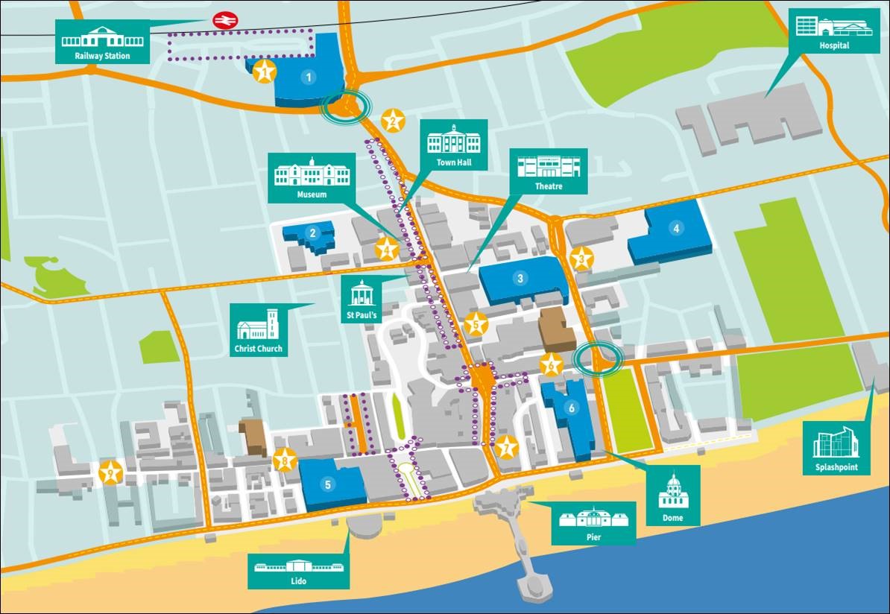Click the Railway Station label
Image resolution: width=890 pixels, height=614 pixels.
point(102,42)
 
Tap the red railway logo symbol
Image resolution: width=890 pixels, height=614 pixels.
point(222,20)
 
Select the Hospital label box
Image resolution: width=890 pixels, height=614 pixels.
point(834,32)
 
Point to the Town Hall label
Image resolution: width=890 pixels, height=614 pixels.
point(454,145)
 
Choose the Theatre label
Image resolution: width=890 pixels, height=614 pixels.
point(548,172)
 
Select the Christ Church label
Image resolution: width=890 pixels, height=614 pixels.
point(259,329)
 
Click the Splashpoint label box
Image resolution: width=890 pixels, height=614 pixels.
point(835,449)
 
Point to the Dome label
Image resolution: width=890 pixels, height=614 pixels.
point(673,496)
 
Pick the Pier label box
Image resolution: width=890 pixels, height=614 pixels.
point(593,523)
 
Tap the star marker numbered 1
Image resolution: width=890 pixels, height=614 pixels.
point(263,72)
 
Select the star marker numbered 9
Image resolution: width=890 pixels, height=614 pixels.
point(110,472)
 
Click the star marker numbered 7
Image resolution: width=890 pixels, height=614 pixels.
point(507,447)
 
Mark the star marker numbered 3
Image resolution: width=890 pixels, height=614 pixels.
point(581,259)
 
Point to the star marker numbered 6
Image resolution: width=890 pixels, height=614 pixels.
point(551,365)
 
